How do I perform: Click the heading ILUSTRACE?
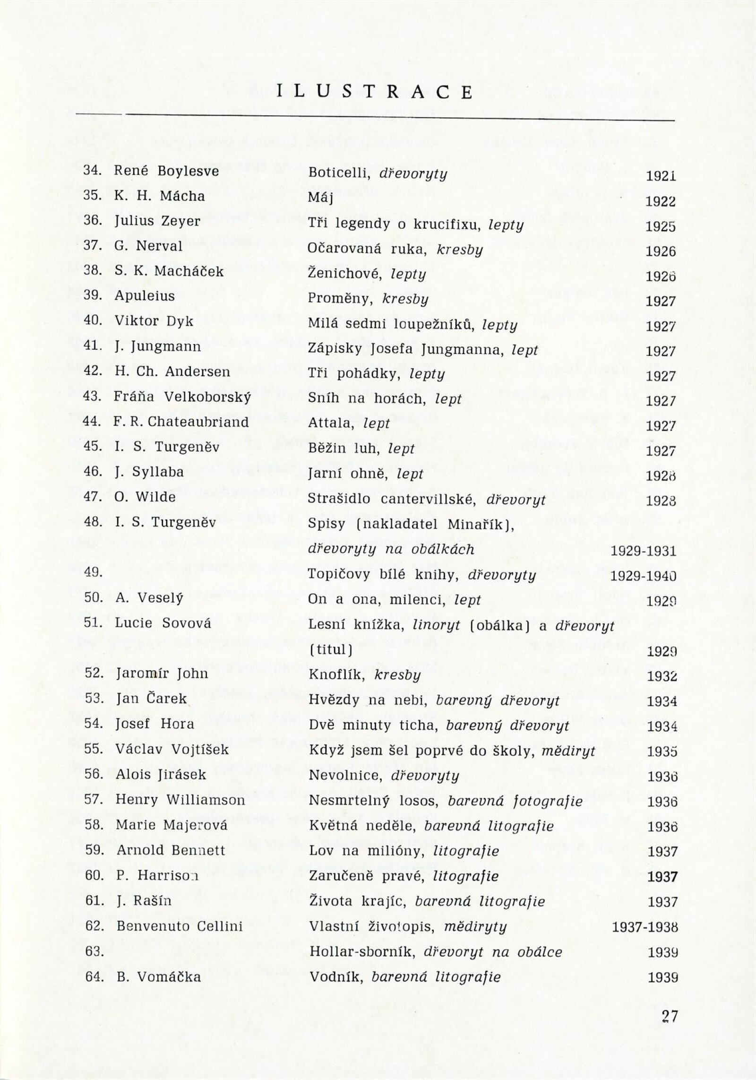click(375, 92)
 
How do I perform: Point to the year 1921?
click(661, 176)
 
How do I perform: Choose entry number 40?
click(93, 320)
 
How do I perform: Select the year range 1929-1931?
click(643, 551)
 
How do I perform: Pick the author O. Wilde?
click(145, 497)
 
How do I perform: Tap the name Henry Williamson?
click(180, 800)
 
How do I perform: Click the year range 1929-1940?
click(643, 576)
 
